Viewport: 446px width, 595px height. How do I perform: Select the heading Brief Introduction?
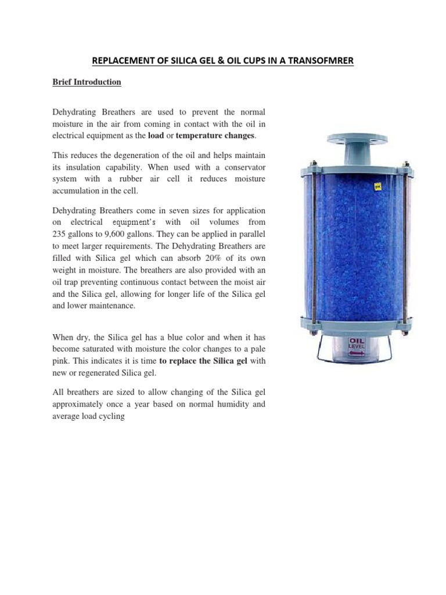(87, 82)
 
